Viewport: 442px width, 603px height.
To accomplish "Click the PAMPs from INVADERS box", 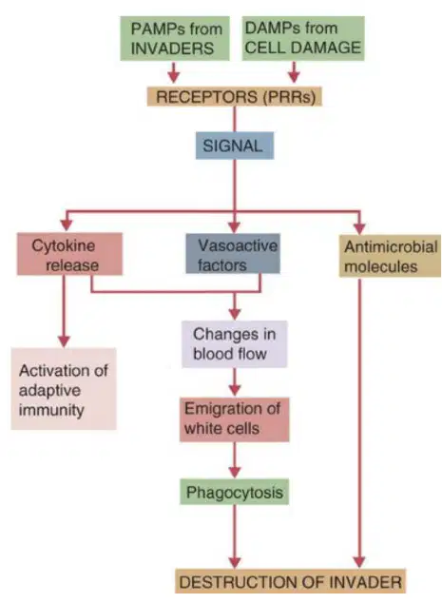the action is click(175, 38).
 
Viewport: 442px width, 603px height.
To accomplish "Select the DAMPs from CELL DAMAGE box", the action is click(303, 38).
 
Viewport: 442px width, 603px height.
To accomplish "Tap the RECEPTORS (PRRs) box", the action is click(234, 96).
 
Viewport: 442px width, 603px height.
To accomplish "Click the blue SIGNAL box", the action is click(235, 146).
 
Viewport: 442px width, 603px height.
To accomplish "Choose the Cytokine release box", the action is click(69, 254).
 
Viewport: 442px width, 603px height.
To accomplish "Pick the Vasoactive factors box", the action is click(233, 254).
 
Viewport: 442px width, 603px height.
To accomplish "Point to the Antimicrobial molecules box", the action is click(390, 256).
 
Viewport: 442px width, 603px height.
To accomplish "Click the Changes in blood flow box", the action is click(235, 344).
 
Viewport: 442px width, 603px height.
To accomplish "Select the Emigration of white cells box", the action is click(235, 419).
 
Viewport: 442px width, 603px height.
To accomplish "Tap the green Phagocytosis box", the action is click(235, 492).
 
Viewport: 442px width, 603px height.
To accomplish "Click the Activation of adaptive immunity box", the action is click(64, 389).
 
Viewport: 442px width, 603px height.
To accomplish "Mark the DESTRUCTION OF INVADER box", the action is click(291, 581).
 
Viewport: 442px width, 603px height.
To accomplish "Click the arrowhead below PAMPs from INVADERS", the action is click(174, 76).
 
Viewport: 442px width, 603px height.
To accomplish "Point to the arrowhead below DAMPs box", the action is click(294, 76).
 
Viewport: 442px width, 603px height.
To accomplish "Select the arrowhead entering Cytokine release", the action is click(67, 225).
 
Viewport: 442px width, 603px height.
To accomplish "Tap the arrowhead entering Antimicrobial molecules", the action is click(359, 227).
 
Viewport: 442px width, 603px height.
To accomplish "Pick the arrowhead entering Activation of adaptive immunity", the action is click(64, 341).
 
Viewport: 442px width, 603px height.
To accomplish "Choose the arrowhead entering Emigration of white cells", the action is click(235, 390).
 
